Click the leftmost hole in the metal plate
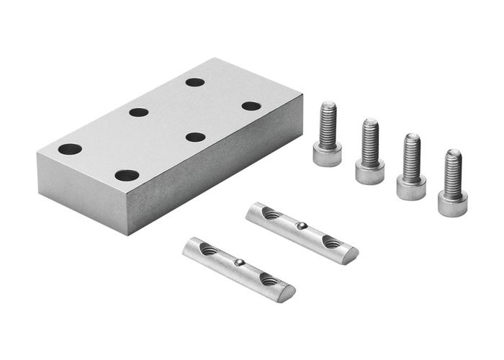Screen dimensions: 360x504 70,149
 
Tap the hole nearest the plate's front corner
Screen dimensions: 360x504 127,175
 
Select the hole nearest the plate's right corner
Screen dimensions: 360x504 251,106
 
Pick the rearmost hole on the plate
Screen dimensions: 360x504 194,82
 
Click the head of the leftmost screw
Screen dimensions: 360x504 327,155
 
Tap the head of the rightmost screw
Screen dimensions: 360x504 452,204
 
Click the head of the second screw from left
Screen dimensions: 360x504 369,172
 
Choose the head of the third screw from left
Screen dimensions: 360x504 411,188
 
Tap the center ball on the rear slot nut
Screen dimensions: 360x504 302,226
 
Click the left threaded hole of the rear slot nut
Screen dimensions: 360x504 271,214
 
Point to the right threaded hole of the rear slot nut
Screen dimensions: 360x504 332,243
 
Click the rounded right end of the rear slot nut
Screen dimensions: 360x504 352,254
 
